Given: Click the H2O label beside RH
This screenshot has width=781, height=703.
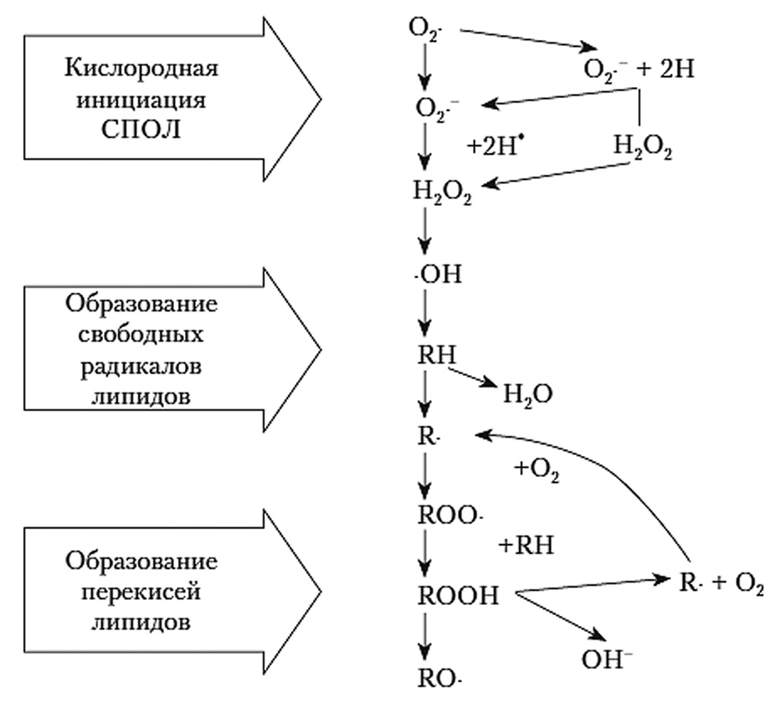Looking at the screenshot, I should [527, 392].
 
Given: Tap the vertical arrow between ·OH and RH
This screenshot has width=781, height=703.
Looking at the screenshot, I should [425, 314].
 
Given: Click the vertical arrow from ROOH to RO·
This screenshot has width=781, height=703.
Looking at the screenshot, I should [425, 636].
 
